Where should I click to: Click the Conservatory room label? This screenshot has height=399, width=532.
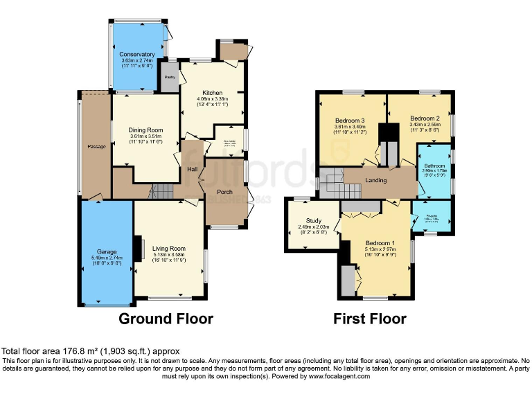(136, 54)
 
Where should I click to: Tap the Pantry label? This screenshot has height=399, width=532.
(169, 78)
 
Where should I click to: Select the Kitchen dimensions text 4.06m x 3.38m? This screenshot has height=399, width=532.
(215, 100)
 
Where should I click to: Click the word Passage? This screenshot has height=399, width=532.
(96, 147)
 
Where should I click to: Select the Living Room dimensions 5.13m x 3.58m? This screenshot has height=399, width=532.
(170, 255)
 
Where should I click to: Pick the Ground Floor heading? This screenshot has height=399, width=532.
(166, 319)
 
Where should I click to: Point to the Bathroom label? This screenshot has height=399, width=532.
(434, 166)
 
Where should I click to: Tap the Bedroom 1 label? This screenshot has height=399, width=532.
(378, 242)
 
